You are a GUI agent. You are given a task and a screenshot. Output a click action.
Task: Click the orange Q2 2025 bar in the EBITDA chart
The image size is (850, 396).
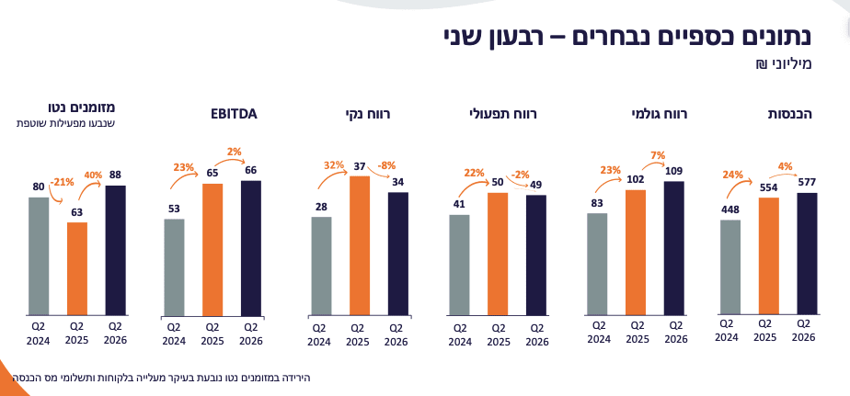click(212, 250)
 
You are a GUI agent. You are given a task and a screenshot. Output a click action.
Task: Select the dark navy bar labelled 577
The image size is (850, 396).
click(807, 254)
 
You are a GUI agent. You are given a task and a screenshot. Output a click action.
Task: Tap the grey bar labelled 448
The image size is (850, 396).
click(730, 267)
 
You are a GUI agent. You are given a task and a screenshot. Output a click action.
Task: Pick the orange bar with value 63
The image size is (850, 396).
click(77, 268)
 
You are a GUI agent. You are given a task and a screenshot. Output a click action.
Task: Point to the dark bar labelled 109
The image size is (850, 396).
click(673, 248)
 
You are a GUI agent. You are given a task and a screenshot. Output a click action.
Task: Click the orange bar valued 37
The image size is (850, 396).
click(360, 245)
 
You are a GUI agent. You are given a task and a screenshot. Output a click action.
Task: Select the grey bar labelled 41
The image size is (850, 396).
click(459, 265)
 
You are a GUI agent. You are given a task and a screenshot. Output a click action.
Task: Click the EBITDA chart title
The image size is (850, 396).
click(234, 115)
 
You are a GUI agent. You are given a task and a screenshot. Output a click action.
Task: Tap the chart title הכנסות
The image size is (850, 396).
click(790, 115)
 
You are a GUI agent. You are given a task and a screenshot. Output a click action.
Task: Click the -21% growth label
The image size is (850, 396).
click(63, 182)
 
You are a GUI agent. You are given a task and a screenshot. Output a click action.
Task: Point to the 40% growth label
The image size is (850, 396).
click(92, 175)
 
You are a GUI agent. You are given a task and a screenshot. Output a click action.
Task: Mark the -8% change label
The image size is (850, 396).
click(387, 164)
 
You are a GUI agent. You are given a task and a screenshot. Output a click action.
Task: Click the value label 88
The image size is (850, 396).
click(116, 175)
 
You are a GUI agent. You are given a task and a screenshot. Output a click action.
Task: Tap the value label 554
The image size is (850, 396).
click(764, 187)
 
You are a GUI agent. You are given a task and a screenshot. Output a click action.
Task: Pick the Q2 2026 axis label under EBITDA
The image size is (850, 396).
click(251, 334)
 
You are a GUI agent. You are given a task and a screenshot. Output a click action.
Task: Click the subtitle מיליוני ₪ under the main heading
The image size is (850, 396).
click(776, 64)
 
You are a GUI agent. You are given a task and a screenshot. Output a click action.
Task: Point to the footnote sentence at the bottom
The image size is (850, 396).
click(161, 378)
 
